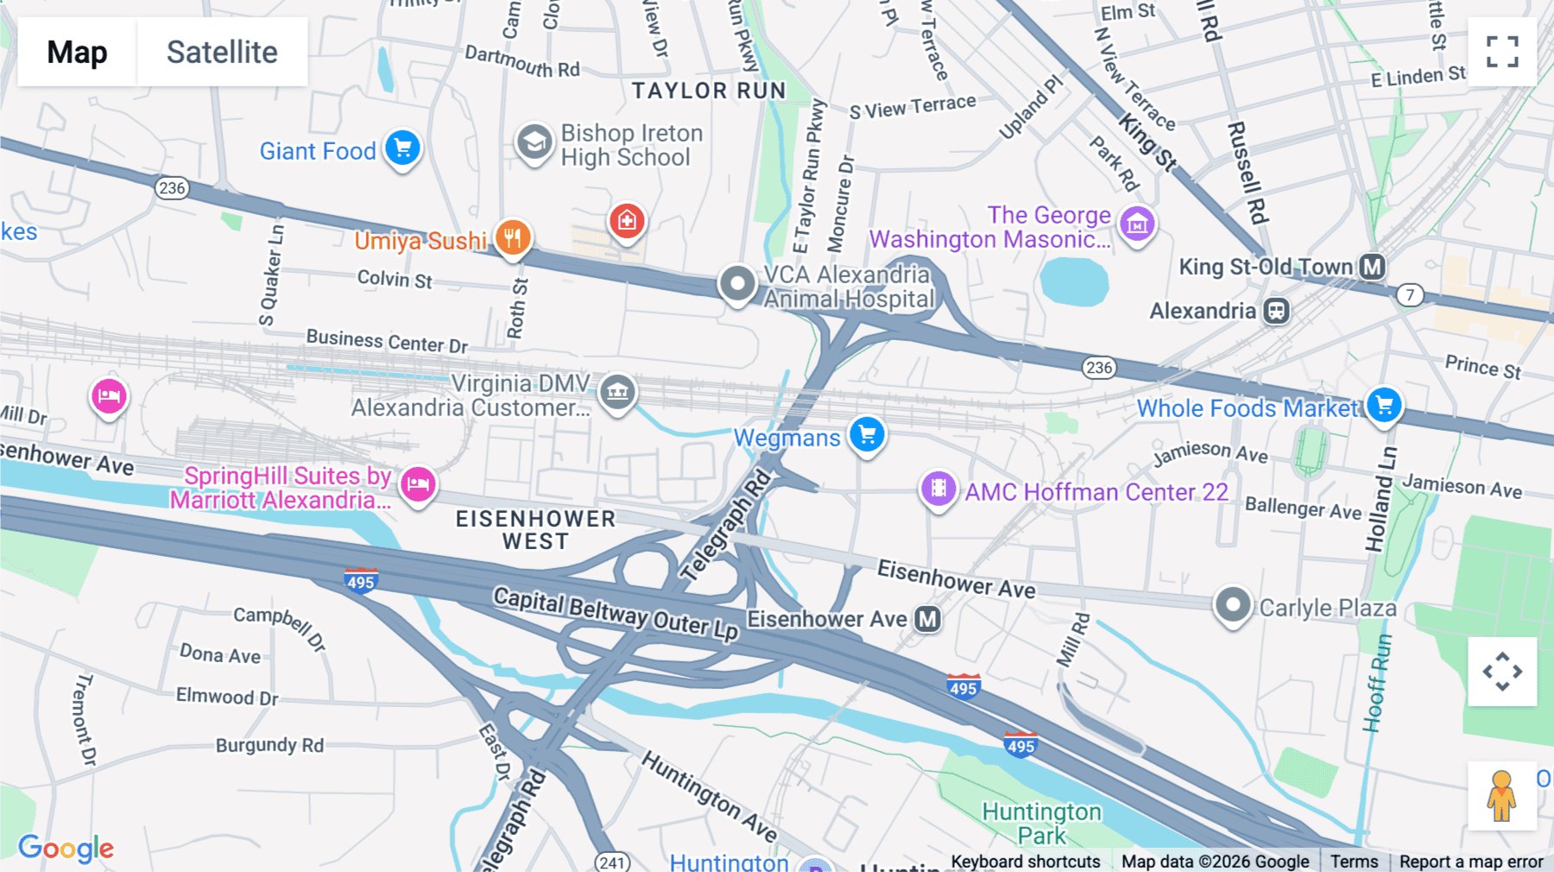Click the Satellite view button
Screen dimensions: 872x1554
coord(222,52)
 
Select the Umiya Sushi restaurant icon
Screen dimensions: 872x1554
coord(513,237)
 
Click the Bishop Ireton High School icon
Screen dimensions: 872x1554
coord(534,142)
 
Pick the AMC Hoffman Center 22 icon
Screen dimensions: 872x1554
coord(938,490)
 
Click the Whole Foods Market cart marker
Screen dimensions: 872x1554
coord(1384,405)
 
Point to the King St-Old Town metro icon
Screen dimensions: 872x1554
coord(1372,267)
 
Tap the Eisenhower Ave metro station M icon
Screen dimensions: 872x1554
coord(927,619)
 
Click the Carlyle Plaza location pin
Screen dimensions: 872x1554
coord(1232,604)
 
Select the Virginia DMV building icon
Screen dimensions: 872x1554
coord(617,392)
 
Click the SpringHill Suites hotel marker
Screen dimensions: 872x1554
coord(418,483)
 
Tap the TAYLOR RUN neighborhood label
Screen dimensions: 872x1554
coord(708,91)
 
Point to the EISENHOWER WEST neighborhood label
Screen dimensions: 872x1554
coord(535,530)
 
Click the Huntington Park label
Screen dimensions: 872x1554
coord(1041,823)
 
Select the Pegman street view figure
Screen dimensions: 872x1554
coord(1501,795)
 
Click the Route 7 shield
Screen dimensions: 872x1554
coord(1410,295)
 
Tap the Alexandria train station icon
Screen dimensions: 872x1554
coord(1276,311)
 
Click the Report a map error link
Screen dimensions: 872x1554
coord(1470,862)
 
